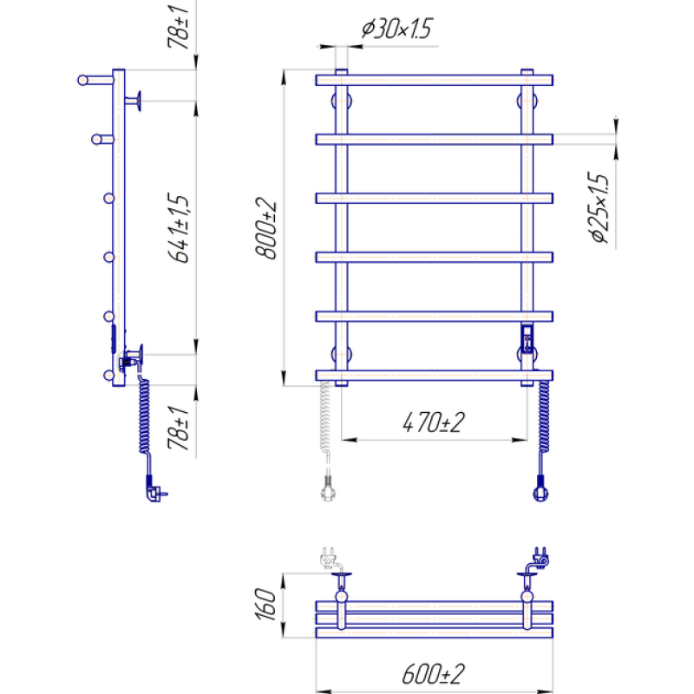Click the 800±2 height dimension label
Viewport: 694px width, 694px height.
click(266, 228)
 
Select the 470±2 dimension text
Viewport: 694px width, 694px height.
click(433, 422)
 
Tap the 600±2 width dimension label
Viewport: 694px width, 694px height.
click(433, 674)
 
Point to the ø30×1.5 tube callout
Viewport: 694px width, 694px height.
click(396, 29)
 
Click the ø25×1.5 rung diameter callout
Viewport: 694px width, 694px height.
click(599, 207)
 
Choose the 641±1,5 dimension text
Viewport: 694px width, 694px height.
click(179, 228)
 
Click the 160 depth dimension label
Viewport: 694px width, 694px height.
click(265, 604)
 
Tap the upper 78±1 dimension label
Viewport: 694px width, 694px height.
click(178, 27)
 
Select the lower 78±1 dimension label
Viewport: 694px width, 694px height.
click(178, 428)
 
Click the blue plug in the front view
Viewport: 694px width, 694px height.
click(540, 488)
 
